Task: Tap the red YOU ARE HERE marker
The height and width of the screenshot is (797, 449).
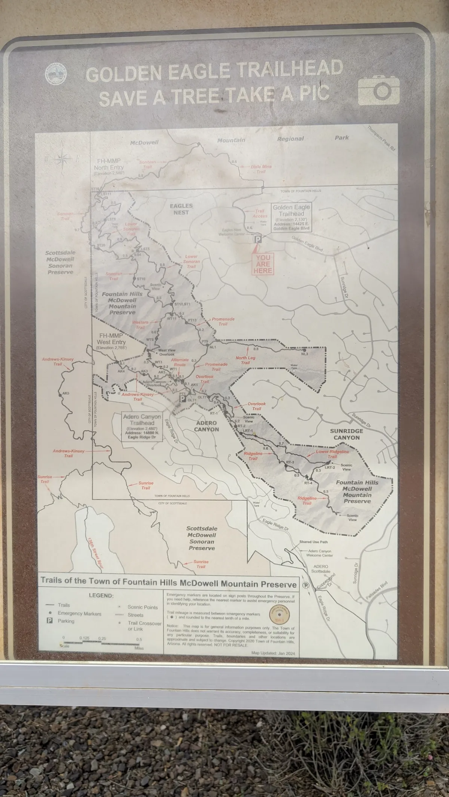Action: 263,264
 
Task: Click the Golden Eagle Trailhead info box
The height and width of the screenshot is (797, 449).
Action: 291,217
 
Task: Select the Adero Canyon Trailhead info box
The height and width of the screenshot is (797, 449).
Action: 142,427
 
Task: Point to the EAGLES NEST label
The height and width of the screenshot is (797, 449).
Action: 181,209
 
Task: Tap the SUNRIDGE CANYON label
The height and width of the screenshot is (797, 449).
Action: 346,434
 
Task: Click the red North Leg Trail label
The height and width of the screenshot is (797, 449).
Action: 245,360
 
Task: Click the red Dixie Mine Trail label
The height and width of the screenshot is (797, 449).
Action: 261,169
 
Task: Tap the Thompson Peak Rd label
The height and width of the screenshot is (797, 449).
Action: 381,138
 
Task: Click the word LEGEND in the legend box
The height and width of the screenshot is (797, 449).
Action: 101,596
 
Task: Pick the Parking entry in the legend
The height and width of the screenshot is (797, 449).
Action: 66,621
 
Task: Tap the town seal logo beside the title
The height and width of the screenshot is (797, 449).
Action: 56,73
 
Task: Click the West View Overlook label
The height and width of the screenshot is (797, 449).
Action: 167,352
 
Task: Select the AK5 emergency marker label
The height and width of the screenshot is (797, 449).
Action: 65,393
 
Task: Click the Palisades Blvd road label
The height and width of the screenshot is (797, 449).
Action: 377,591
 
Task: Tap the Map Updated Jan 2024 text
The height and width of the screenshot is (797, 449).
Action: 274,653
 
